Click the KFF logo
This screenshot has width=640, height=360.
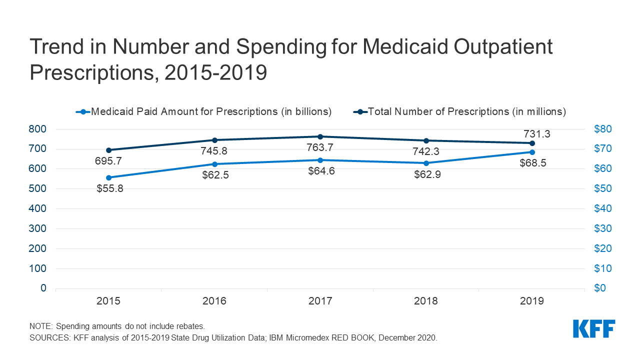pos(594,329)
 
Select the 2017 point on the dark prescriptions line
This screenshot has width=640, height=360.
pos(320,136)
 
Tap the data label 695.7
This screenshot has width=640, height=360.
pos(108,161)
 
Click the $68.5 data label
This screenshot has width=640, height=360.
pos(532,164)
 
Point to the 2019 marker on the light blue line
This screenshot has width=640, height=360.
pos(532,152)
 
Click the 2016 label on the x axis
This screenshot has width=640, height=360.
pos(214,301)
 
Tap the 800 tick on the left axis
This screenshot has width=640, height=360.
pos(37,129)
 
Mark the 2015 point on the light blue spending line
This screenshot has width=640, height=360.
pos(108,177)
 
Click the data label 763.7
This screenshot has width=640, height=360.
pos(320,148)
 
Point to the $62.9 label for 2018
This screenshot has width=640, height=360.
pos(426,175)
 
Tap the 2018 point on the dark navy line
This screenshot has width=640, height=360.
pos(426,140)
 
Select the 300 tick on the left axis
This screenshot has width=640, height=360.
pos(37,228)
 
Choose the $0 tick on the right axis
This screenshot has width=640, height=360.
pos(600,288)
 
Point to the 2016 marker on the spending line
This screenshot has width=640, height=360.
pos(214,164)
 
